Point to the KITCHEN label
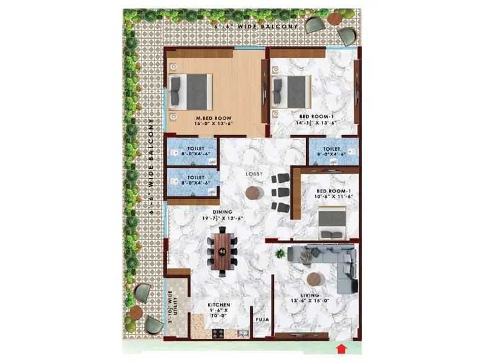click(x=218, y=305)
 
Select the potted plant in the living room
click(x=280, y=254)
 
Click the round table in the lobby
click(x=253, y=192)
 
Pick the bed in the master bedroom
click(x=191, y=92)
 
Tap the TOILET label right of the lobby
click(x=331, y=149)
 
